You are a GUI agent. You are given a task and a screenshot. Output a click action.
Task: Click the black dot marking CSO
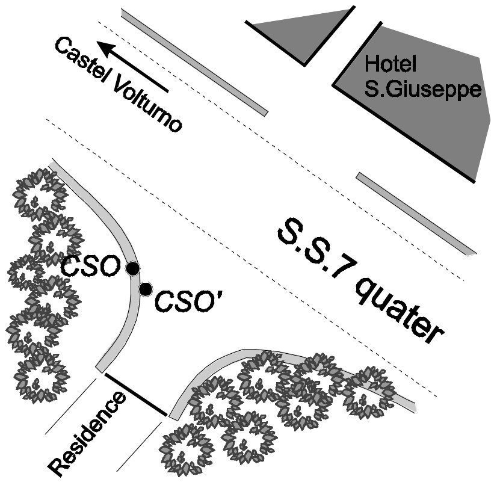132,268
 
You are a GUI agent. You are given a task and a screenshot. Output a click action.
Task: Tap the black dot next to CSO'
145,289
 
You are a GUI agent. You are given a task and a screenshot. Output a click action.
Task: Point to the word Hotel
391,63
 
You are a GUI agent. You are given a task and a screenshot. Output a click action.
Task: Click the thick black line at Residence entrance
136,394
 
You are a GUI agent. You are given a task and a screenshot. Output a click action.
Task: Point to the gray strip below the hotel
415,214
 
